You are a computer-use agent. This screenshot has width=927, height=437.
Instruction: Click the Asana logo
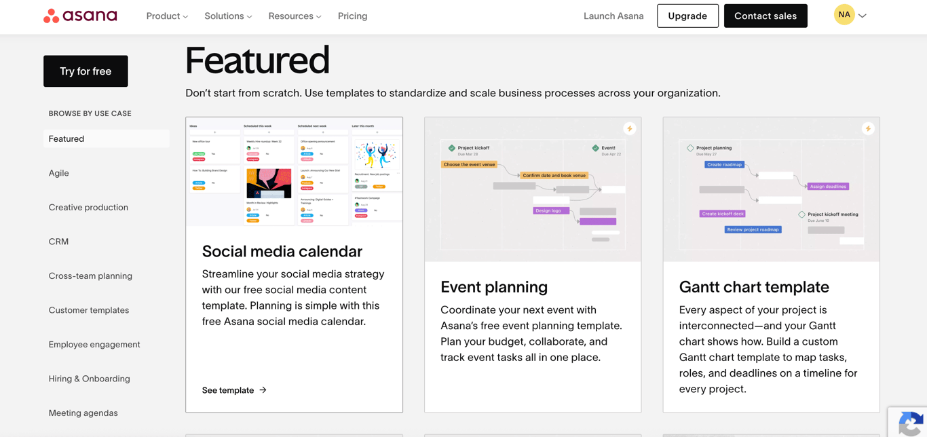click(80, 16)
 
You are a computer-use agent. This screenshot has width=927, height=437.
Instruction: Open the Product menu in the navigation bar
click(167, 16)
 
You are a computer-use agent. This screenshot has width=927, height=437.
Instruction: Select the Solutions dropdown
click(228, 16)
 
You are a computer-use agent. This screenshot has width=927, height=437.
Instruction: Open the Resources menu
click(295, 16)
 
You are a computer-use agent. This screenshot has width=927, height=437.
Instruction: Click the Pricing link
click(352, 16)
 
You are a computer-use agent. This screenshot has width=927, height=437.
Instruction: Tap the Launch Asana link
click(613, 16)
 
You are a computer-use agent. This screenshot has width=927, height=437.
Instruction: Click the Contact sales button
click(765, 16)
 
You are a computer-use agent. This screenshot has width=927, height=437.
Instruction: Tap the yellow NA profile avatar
click(844, 15)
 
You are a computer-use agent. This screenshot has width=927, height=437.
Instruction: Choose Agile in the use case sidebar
click(59, 173)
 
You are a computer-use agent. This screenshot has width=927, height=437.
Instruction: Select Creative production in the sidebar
click(88, 208)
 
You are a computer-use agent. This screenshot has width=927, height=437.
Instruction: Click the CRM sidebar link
click(58, 242)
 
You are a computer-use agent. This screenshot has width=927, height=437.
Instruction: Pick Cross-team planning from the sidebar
click(90, 276)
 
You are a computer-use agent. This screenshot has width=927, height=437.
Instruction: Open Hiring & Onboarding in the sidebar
click(89, 379)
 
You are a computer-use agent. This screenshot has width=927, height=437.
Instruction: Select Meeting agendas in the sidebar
click(83, 413)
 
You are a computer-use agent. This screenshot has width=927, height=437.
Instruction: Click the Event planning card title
click(494, 287)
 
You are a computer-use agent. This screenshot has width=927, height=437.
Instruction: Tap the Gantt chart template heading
click(754, 287)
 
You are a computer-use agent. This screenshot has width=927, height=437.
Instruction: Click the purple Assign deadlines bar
click(828, 187)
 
